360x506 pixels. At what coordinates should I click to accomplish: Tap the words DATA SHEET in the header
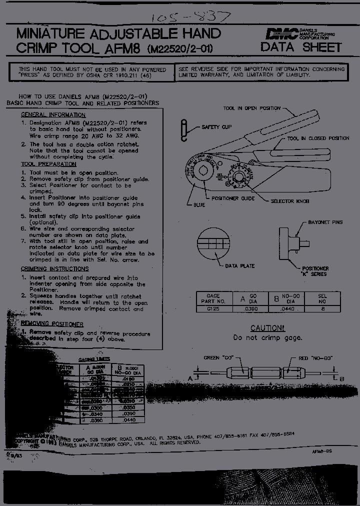[x=301, y=47]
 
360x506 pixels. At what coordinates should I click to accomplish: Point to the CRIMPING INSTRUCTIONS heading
[x=54, y=269]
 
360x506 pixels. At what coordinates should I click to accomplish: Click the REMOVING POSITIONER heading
[x=52, y=324]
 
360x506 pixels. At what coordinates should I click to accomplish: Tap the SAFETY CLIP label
[x=216, y=127]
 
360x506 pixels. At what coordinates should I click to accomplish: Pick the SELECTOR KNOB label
[x=289, y=201]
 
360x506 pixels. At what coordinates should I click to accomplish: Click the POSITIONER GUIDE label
[x=233, y=198]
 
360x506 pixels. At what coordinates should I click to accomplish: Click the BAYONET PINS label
[x=325, y=222]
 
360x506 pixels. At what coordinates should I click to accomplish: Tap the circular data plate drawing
[x=213, y=243]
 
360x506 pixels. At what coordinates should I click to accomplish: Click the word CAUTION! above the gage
[x=267, y=328]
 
